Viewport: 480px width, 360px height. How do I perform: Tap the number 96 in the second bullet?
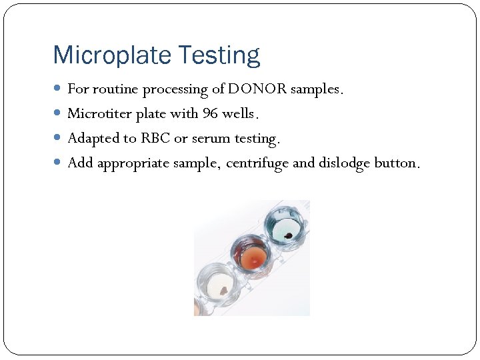(210, 113)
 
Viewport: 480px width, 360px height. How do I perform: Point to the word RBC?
(155, 138)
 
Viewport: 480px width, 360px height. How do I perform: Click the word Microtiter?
(99, 113)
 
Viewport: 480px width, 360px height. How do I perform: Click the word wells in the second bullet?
(238, 113)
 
